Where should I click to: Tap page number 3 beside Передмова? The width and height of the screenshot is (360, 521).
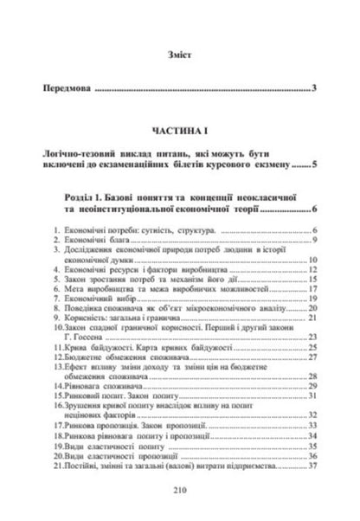point(317,89)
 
